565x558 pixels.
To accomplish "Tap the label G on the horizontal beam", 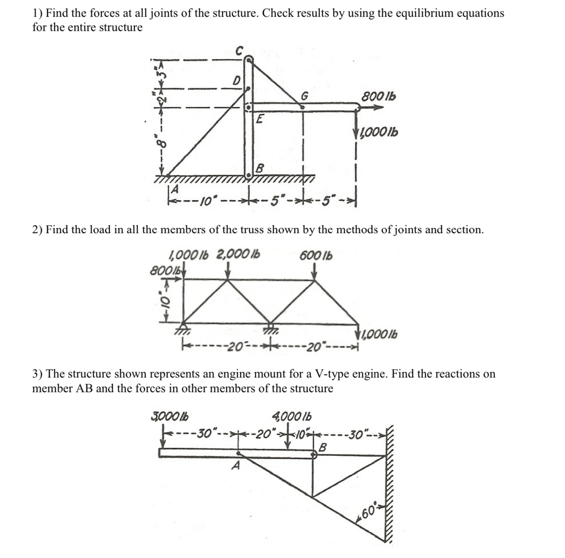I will coord(304,96).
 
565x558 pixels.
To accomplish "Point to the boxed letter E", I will coord(260,119).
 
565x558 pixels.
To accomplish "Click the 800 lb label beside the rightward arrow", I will coord(379,97).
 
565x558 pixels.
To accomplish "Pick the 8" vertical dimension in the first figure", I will coord(162,143).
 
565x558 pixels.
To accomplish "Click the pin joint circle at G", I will coord(302,107).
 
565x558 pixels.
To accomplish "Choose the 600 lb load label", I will coord(316,255).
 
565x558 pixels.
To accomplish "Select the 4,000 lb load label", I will coord(291,416).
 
